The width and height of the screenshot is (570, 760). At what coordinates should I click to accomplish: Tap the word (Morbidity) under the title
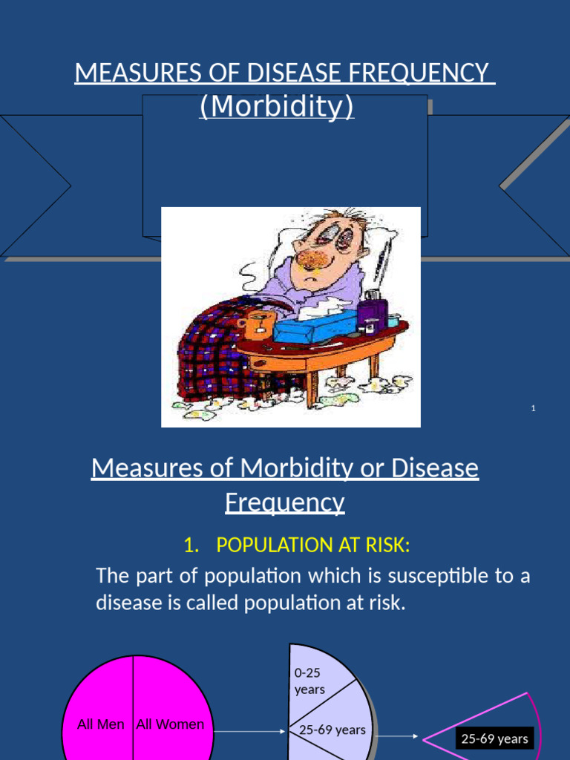coord(277,107)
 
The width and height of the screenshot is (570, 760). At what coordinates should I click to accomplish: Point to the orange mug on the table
coord(260,325)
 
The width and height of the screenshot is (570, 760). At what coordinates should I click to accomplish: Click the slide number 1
coord(534,408)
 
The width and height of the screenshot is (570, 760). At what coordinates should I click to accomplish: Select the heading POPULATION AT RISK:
coord(312,545)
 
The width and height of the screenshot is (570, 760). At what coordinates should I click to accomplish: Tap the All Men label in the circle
coord(101,724)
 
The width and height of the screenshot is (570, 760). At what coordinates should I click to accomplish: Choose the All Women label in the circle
coord(170,724)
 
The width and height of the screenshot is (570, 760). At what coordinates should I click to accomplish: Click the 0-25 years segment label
coord(309,681)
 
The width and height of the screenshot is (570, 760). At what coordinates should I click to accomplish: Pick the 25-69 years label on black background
coord(494,738)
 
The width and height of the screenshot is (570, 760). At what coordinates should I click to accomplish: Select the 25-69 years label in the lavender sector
coord(332,730)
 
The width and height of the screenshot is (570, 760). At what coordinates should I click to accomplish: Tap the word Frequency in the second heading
coord(285,502)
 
